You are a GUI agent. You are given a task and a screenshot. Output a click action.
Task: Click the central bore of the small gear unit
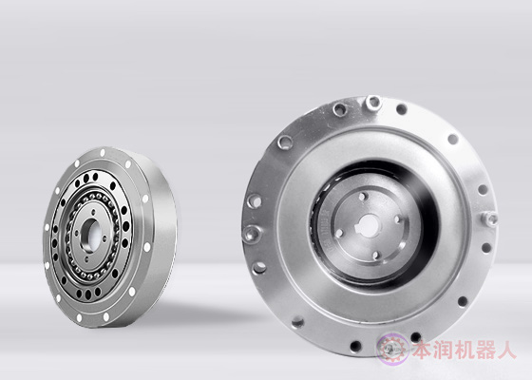tap(91, 233)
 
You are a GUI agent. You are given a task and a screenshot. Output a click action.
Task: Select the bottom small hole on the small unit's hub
tap(86, 258)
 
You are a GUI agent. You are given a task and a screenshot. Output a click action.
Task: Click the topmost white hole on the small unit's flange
tap(103, 153)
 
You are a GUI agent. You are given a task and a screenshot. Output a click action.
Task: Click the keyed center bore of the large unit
tap(369, 226)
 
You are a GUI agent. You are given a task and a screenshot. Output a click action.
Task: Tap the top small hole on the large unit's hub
tap(363, 197)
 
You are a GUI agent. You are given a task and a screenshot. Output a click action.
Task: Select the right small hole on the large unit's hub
tap(398, 219)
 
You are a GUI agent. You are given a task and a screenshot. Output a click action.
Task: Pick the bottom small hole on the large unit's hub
tap(376, 256)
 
